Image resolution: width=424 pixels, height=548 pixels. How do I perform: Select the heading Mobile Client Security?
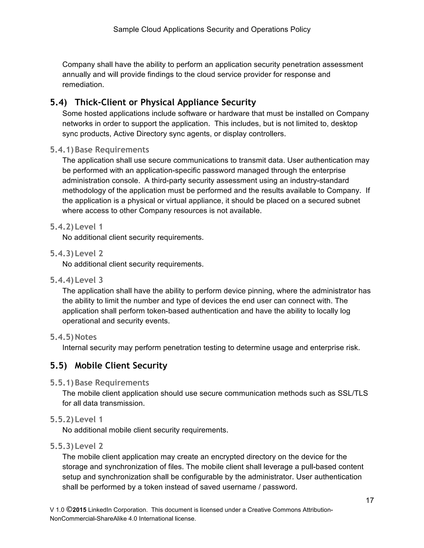coord(121,366)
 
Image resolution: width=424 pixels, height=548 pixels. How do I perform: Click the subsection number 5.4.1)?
coord(61,150)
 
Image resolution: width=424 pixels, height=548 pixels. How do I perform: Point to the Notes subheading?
coord(86,337)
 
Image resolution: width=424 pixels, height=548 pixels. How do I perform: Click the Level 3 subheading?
coord(89,280)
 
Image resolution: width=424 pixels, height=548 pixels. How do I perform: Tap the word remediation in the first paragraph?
coord(83,85)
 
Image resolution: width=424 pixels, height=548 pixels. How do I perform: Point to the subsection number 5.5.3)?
coord(61,446)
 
